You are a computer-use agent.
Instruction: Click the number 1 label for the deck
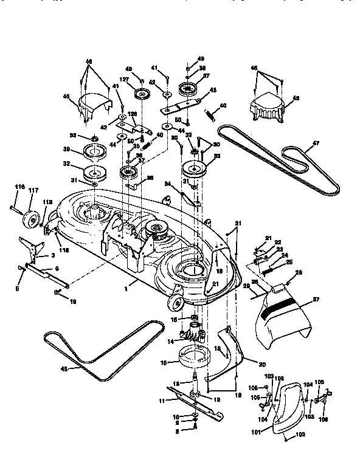point(125,283)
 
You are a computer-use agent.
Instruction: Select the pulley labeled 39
point(94,151)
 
